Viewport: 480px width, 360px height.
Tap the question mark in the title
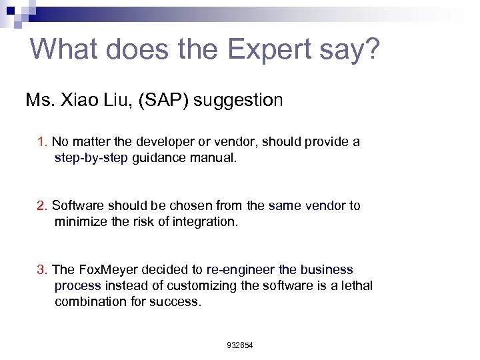(371, 49)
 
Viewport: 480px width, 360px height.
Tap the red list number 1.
(42, 142)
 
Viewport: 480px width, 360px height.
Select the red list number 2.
(42, 206)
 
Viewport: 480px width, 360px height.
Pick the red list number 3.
(42, 270)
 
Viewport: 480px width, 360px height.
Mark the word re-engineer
(239, 270)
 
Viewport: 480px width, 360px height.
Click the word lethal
(357, 286)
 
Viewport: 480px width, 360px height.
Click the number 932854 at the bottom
(240, 345)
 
